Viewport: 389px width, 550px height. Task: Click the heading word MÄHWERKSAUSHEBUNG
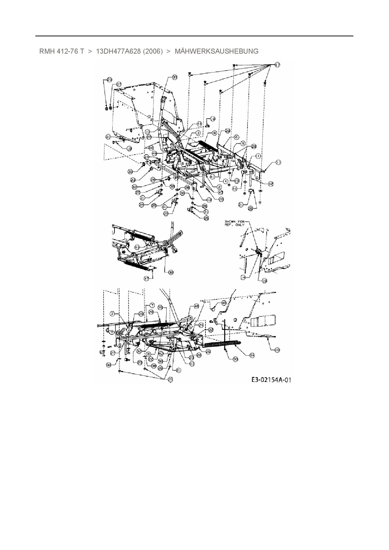click(x=216, y=51)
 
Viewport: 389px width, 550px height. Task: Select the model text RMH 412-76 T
click(x=61, y=51)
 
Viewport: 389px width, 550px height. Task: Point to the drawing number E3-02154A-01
click(x=271, y=380)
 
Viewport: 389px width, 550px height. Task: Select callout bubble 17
click(x=277, y=65)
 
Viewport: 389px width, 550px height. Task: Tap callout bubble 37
click(x=119, y=84)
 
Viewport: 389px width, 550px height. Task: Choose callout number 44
click(x=199, y=124)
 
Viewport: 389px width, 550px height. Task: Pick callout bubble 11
click(x=279, y=162)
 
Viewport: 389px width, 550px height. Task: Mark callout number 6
click(x=237, y=137)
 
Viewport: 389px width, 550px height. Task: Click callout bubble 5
click(x=243, y=143)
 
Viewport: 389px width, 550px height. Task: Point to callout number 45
click(x=155, y=153)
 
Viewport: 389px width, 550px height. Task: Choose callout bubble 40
click(x=224, y=303)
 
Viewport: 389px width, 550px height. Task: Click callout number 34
click(x=252, y=355)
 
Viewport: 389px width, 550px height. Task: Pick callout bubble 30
click(x=235, y=360)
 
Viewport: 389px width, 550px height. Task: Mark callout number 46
click(x=197, y=306)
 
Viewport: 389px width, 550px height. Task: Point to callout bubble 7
click(x=152, y=305)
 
